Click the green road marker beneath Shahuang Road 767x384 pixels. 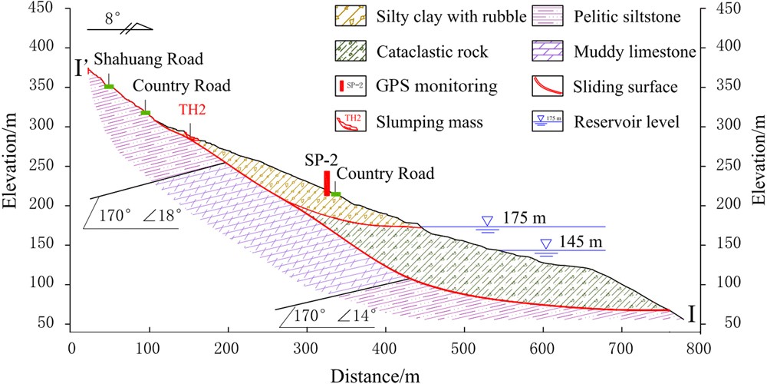[x=109, y=86]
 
